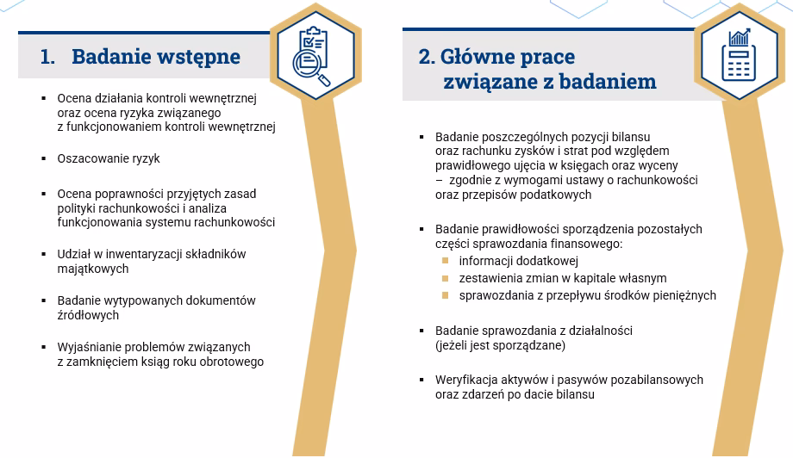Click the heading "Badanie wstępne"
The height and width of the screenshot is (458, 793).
coord(156,57)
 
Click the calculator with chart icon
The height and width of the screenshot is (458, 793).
coord(739,53)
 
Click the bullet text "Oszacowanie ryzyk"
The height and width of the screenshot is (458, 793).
coord(109,159)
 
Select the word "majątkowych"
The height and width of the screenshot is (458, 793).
coord(93,269)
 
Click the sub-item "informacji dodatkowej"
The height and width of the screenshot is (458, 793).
coord(518,261)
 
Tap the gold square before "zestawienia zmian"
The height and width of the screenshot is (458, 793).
coord(446,278)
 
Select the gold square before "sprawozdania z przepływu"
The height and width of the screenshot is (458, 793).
coord(446,295)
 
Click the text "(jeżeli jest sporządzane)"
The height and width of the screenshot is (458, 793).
coord(500,345)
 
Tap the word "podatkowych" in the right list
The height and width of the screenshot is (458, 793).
coord(559,195)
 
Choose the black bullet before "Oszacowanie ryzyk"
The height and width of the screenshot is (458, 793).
coord(43,159)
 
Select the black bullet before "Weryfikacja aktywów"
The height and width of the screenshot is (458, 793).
coord(421,380)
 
